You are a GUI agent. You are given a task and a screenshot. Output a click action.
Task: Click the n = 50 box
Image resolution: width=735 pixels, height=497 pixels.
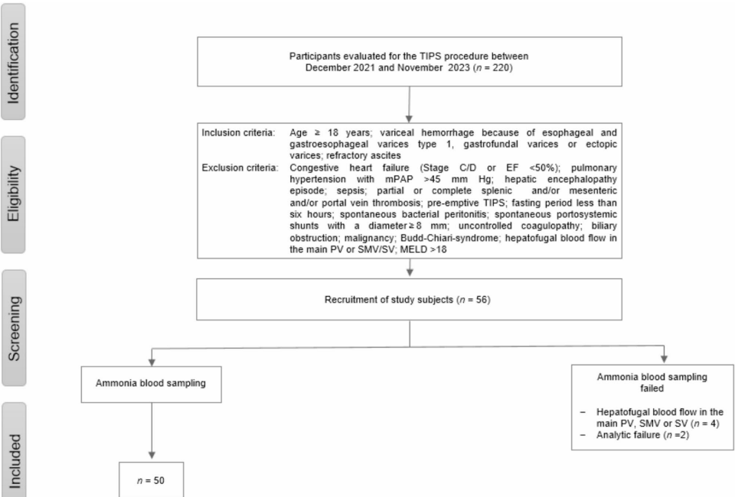pyautogui.click(x=152, y=480)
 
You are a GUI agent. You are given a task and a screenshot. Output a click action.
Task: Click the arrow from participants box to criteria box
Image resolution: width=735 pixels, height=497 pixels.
pyautogui.click(x=411, y=102)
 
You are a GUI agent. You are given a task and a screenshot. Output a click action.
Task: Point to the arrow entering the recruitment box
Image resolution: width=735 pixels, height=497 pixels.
pyautogui.click(x=411, y=268)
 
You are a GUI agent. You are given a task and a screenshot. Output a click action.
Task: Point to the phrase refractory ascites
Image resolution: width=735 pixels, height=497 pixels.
pyautogui.click(x=351, y=155)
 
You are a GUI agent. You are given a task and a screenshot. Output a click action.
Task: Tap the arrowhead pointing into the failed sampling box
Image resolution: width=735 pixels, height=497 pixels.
pyautogui.click(x=663, y=357)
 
